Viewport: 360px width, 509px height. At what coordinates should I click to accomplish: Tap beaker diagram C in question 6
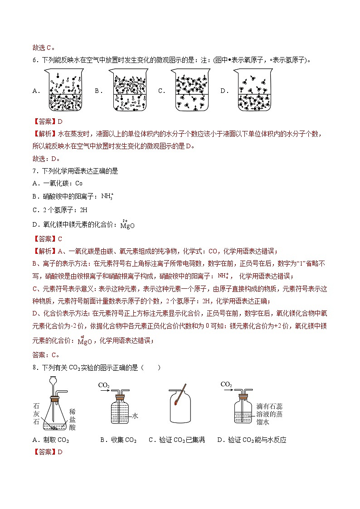pyautogui.click(x=191, y=90)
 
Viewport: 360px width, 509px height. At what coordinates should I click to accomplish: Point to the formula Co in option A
pyautogui.click(x=78, y=184)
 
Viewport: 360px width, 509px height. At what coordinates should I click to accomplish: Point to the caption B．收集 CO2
pyautogui.click(x=118, y=440)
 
